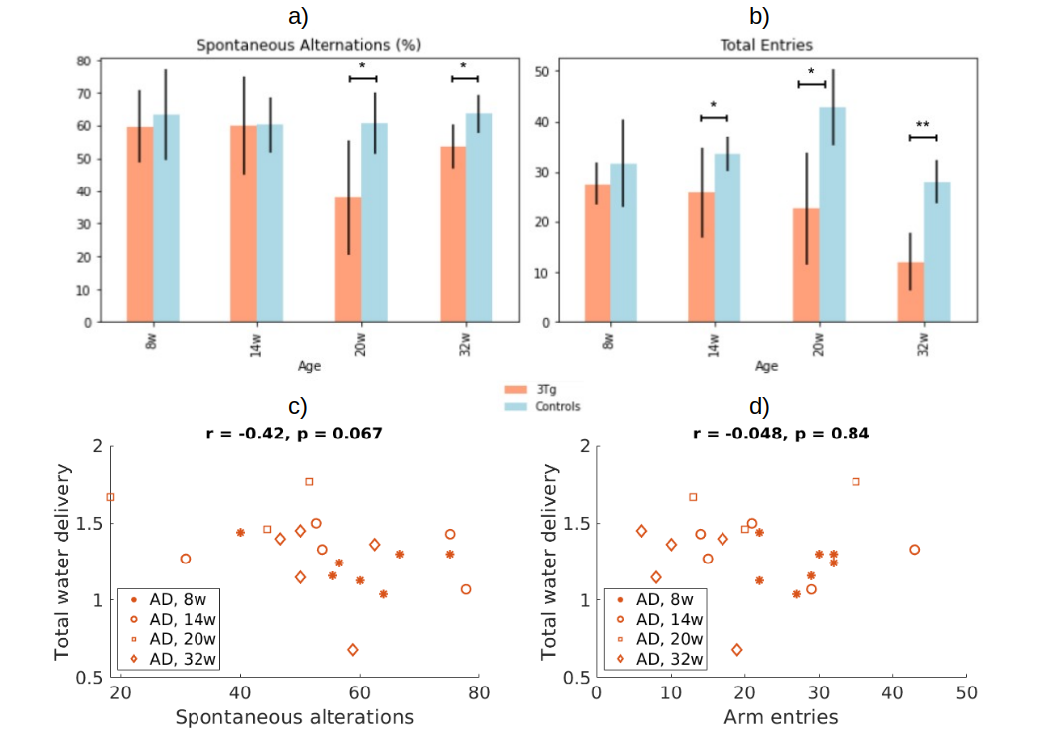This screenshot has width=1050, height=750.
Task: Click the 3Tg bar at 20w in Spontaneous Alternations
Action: click(347, 260)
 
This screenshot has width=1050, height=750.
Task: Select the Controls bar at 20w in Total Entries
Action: click(833, 214)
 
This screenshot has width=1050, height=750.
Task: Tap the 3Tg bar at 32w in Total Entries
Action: click(911, 292)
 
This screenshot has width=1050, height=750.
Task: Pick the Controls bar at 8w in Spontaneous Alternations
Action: click(166, 218)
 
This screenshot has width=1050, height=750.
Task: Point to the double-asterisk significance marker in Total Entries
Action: click(922, 126)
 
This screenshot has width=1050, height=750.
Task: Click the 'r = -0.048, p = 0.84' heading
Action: click(781, 433)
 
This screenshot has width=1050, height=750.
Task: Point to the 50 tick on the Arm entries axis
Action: click(967, 694)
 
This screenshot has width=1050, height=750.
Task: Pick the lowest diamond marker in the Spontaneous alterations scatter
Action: click(352, 650)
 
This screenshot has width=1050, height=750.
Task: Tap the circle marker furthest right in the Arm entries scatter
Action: click(914, 550)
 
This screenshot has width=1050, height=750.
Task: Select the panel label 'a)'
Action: click(296, 17)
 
